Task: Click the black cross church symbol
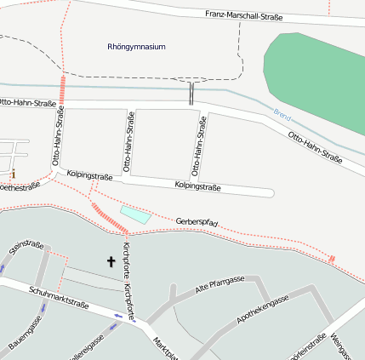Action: click(110, 261)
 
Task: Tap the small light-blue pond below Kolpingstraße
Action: click(135, 214)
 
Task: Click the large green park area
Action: click(316, 72)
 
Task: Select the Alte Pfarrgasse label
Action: click(220, 284)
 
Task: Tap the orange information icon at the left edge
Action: click(13, 174)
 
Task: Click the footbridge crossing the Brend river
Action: click(191, 92)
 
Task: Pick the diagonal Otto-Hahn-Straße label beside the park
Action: click(314, 146)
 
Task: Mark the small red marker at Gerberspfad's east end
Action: click(333, 258)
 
